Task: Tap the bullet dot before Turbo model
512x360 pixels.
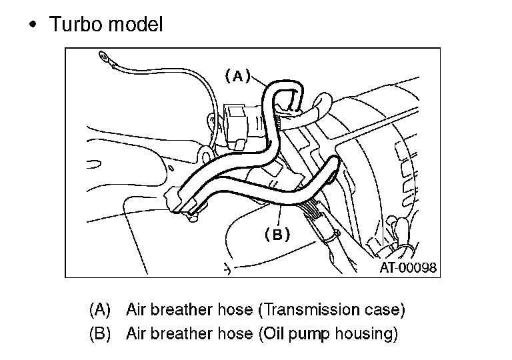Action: pyautogui.click(x=33, y=25)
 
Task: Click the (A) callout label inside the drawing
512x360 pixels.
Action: pyautogui.click(x=237, y=75)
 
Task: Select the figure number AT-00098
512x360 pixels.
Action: pyautogui.click(x=408, y=268)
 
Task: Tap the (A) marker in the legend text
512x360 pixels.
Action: pyautogui.click(x=99, y=309)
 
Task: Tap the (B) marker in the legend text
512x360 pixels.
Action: pyautogui.click(x=99, y=334)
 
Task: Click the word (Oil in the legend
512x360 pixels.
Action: pyautogui.click(x=271, y=334)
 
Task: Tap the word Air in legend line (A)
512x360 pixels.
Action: pyautogui.click(x=136, y=309)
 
